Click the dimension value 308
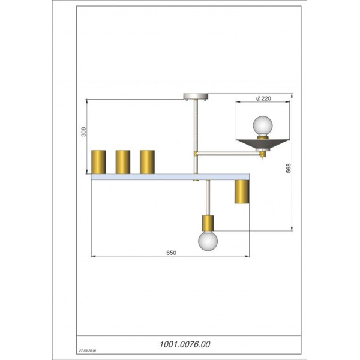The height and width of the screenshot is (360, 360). click(83, 132)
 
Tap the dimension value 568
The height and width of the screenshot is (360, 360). click(289, 168)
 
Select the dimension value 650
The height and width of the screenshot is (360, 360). click(171, 253)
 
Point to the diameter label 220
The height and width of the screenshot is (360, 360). click(263, 98)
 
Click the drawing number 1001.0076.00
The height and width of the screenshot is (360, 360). click(185, 344)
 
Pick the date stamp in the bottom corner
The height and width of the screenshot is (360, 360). click(88, 351)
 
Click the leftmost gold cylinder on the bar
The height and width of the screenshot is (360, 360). click(99, 162)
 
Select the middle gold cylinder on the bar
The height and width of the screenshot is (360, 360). click(123, 162)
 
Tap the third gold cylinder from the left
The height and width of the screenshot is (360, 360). click(147, 162)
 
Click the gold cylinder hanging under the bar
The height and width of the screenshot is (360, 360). click(242, 191)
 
